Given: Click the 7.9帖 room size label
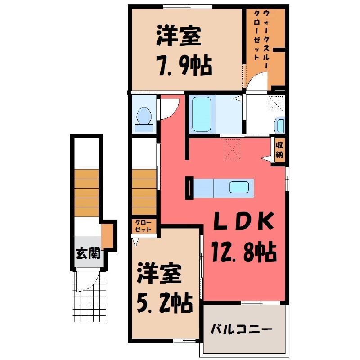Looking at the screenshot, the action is click(x=184, y=65).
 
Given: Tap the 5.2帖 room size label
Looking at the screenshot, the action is click(x=165, y=302).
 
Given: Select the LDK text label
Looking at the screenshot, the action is click(x=244, y=221).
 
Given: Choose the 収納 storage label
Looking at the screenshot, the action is click(x=279, y=150).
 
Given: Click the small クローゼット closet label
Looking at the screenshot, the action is click(x=143, y=226).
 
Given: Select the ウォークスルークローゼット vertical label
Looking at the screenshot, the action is click(x=261, y=35).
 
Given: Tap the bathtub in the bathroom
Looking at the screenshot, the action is click(x=202, y=114).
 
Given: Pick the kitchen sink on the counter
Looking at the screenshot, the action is click(x=239, y=187).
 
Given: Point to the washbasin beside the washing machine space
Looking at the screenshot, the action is click(x=280, y=125).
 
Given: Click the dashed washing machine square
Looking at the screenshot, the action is click(x=276, y=103).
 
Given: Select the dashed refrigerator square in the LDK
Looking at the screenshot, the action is click(x=233, y=149).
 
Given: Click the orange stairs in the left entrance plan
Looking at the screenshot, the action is click(x=86, y=193).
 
